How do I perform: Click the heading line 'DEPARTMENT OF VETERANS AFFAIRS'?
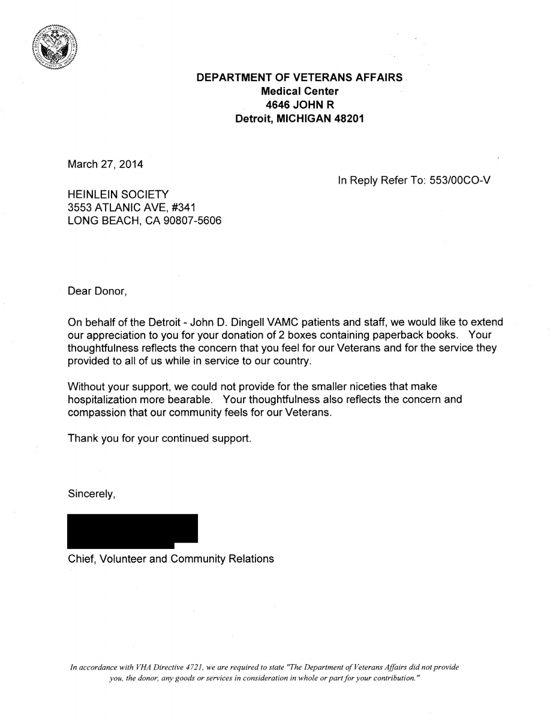coord(300,77)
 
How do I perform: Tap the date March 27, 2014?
coord(106,164)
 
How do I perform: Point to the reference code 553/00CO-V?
coord(460,180)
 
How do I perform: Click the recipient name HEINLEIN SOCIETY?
coord(119,194)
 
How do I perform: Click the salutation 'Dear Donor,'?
coord(97,292)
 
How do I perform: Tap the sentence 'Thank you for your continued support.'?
coord(160,439)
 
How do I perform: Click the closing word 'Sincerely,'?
coord(91,494)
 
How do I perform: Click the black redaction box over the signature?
coord(133,530)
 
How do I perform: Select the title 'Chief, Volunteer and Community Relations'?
coord(171,559)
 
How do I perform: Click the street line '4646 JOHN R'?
coord(299,105)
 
